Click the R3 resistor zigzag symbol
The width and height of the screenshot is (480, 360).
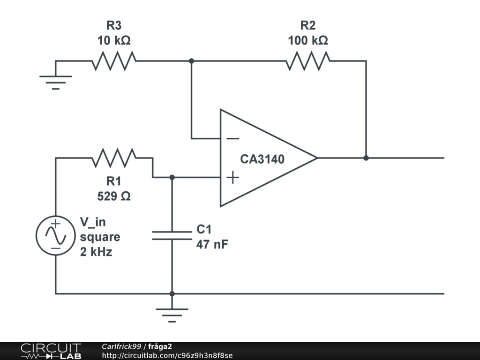[x=114, y=61]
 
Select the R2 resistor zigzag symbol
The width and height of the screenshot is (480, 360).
[x=308, y=61]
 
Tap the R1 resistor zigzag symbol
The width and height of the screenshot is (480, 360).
[x=114, y=158]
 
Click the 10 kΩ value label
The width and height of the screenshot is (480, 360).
[x=114, y=41]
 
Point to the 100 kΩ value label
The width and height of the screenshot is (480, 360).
[x=308, y=41]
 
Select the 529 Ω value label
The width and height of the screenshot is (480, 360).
[x=114, y=196]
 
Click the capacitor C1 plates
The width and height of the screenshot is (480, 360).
[x=172, y=235]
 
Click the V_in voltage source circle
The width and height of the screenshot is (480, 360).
[x=55, y=236]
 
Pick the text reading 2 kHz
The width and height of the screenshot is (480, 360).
[x=96, y=252]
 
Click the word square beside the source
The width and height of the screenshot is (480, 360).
[x=100, y=237]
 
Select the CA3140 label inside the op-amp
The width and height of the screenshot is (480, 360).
[x=262, y=159]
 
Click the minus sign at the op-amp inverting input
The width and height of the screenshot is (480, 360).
[x=232, y=138]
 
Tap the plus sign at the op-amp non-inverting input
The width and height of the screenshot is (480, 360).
[x=232, y=177]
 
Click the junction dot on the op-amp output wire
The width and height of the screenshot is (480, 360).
[x=366, y=158]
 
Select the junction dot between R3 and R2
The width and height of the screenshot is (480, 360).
[x=191, y=61]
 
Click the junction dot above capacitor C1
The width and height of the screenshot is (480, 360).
[x=172, y=177]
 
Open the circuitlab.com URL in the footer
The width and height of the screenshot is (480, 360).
[x=167, y=355]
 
